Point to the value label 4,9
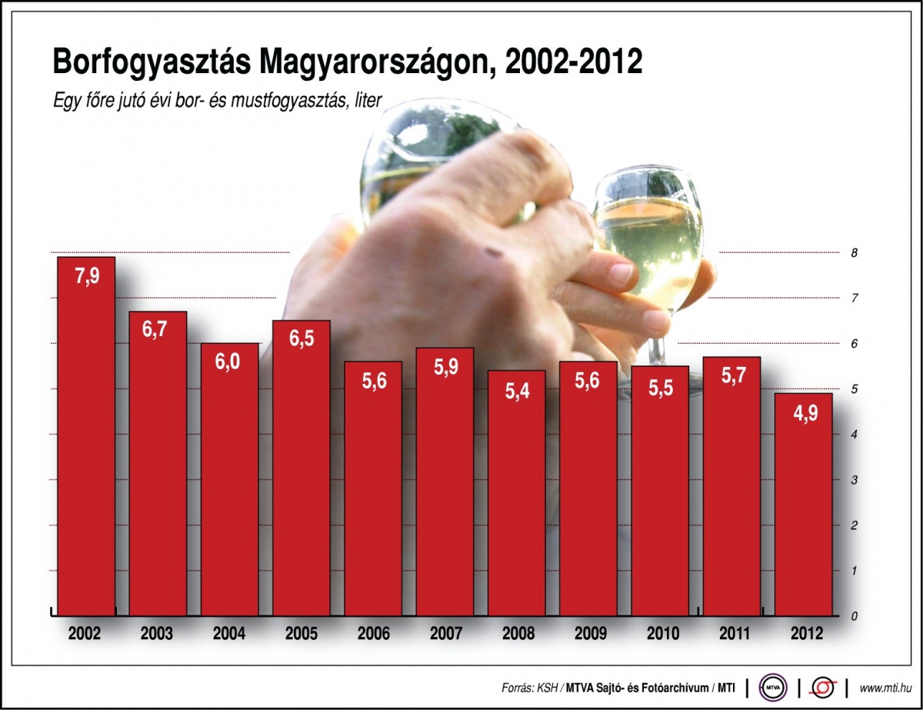pos(803,413)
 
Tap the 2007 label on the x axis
pos(445,635)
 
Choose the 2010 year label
pos(660,635)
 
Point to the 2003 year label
pos(157,635)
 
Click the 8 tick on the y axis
pos(854,253)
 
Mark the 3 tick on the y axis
pos(854,480)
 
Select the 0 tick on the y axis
pos(854,616)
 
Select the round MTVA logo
pos(773,686)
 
